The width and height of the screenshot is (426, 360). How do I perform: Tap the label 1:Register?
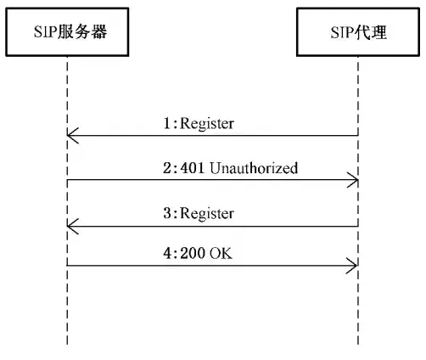tap(199, 124)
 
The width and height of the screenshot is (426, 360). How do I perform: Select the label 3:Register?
tap(199, 213)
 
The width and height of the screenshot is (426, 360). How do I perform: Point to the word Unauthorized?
tap(254, 167)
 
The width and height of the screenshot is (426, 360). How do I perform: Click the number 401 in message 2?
tap(193, 168)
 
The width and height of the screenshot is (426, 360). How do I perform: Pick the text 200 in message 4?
tap(193, 253)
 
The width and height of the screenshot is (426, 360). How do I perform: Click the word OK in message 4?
tap(221, 253)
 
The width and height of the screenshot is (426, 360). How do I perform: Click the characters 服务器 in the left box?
tap(82, 31)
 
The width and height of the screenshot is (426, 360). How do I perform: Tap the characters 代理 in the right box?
tap(371, 32)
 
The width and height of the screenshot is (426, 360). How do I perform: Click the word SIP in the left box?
tap(46, 31)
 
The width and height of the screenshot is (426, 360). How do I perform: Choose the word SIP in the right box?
tap(343, 32)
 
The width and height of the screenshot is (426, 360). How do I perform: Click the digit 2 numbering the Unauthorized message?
tap(167, 168)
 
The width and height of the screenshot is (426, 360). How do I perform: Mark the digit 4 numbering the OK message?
tap(167, 253)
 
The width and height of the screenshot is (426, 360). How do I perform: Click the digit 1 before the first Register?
tap(167, 123)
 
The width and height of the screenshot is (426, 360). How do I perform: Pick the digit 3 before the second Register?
tap(167, 213)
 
